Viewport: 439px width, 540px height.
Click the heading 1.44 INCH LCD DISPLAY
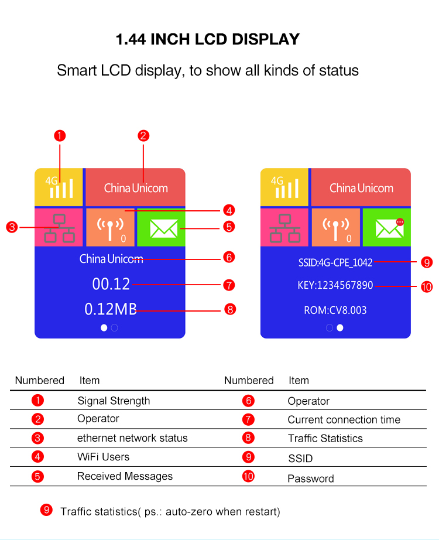(x=208, y=39)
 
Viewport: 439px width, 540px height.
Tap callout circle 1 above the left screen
(x=59, y=136)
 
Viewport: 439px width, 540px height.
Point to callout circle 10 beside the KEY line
(x=426, y=286)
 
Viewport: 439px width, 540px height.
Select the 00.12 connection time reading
(x=111, y=284)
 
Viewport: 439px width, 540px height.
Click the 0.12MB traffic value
(x=111, y=309)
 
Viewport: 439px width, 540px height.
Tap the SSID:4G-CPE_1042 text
(x=335, y=262)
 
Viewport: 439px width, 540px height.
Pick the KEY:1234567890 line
(x=335, y=286)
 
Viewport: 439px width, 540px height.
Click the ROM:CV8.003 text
(x=335, y=310)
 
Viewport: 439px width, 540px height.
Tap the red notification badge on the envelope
(x=400, y=222)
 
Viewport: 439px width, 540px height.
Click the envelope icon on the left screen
(x=163, y=228)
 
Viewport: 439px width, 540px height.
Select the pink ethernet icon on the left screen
(x=59, y=228)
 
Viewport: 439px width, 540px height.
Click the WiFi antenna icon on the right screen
(x=336, y=228)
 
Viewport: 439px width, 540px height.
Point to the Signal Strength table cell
(x=114, y=401)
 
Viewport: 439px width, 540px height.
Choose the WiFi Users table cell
(x=103, y=457)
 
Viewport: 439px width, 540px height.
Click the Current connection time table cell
(x=344, y=420)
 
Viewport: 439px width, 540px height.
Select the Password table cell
(x=310, y=479)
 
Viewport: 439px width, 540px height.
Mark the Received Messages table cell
(x=125, y=476)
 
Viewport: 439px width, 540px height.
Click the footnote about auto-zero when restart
(x=170, y=512)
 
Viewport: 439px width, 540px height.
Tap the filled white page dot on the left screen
(x=104, y=328)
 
